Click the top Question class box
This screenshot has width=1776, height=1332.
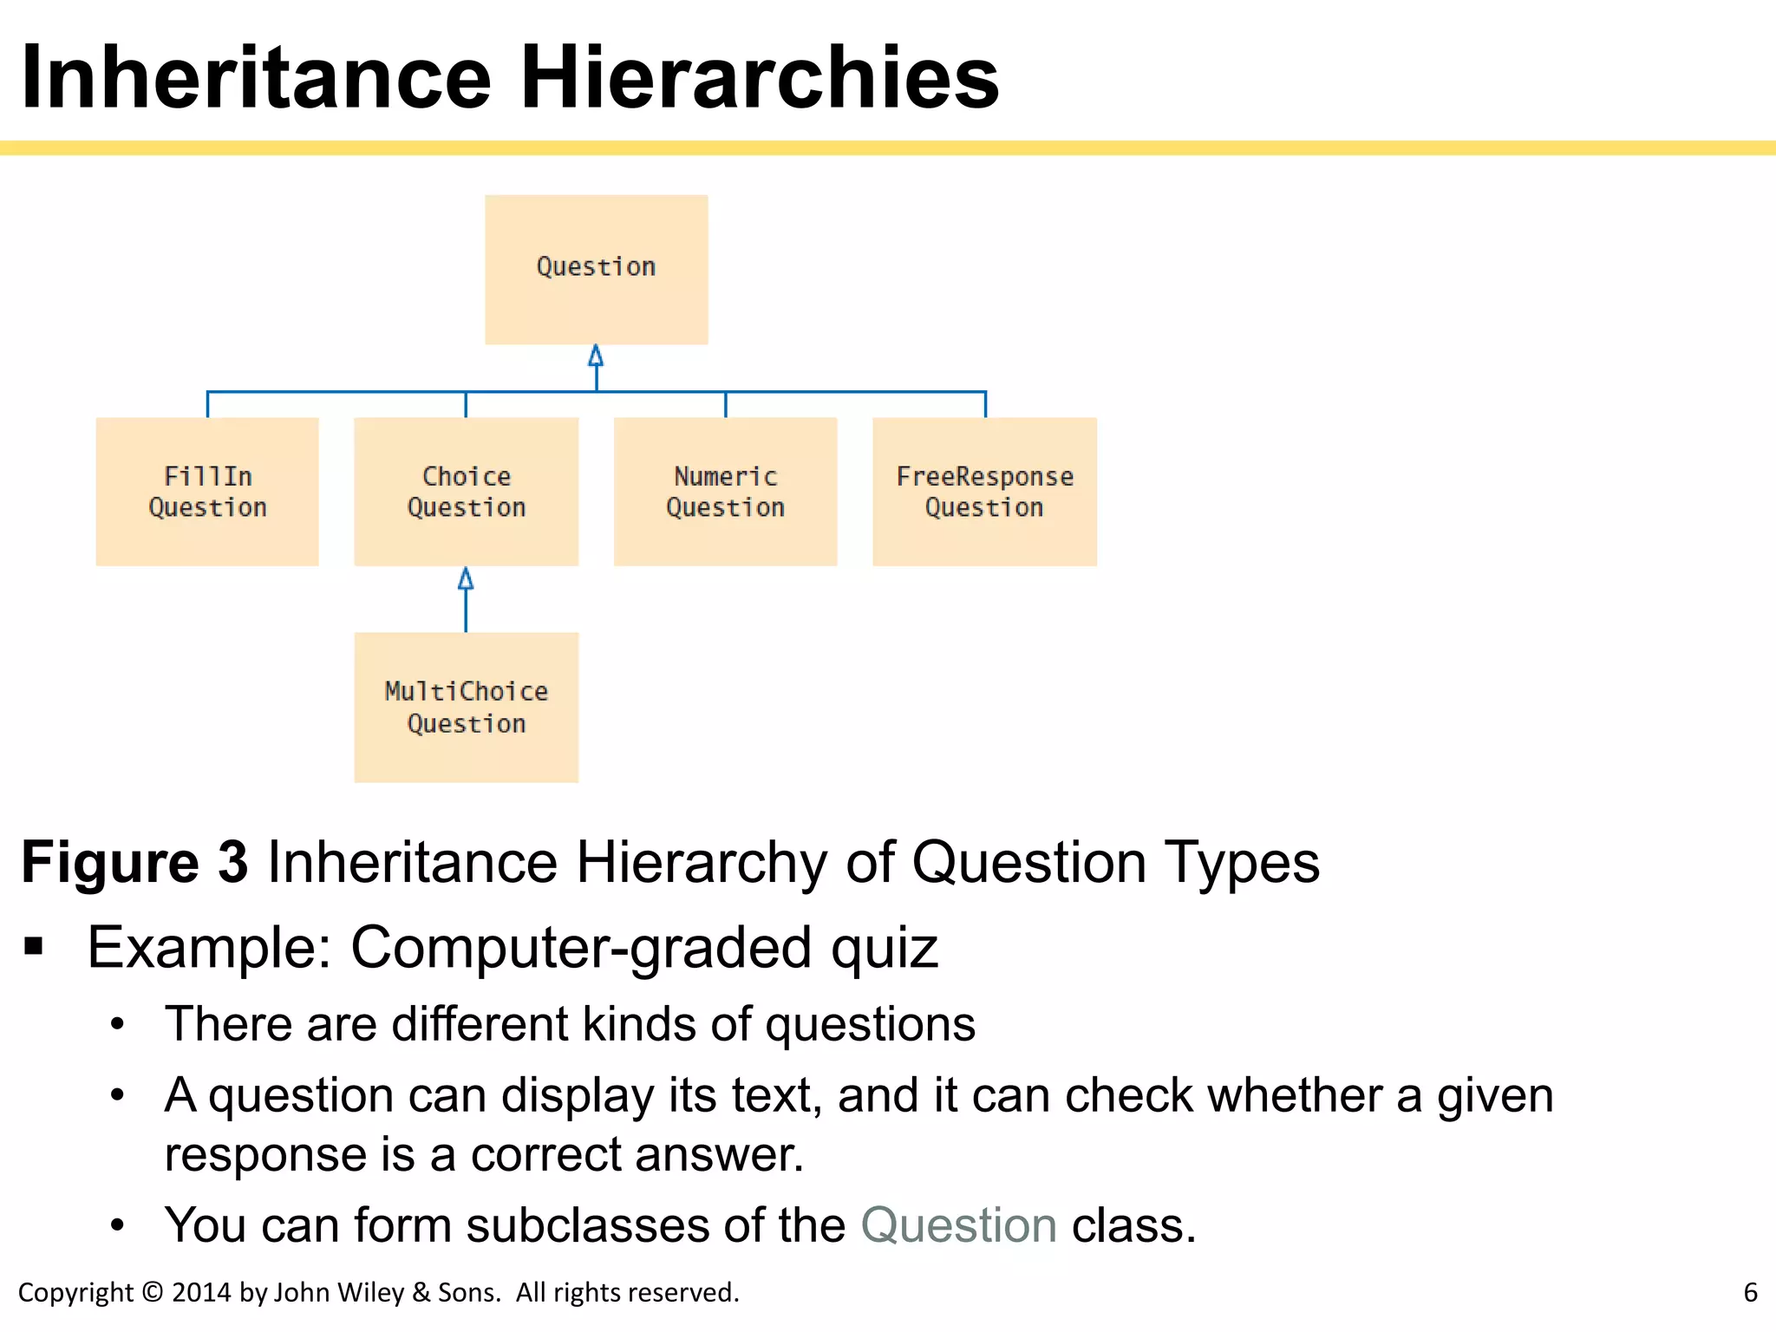pos(596,270)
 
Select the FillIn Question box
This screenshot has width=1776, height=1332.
pos(207,492)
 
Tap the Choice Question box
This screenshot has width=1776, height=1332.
pos(466,492)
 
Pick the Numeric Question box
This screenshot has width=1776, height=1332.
pos(725,492)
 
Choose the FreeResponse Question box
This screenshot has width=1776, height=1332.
pos(984,492)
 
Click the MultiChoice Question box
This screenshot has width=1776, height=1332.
pos(466,707)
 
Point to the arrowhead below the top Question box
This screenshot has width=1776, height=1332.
pos(596,356)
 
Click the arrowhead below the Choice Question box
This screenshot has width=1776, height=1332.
pos(466,578)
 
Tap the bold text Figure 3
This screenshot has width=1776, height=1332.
pos(134,862)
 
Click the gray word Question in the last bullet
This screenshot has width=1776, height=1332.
pos(958,1225)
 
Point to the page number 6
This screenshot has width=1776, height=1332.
pos(1750,1292)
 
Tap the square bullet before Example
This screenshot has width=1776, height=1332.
pos(34,946)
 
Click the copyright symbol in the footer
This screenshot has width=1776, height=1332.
pos(152,1292)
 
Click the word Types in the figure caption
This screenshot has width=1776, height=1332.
pos(1241,862)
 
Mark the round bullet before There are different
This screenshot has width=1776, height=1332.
pos(118,1025)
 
